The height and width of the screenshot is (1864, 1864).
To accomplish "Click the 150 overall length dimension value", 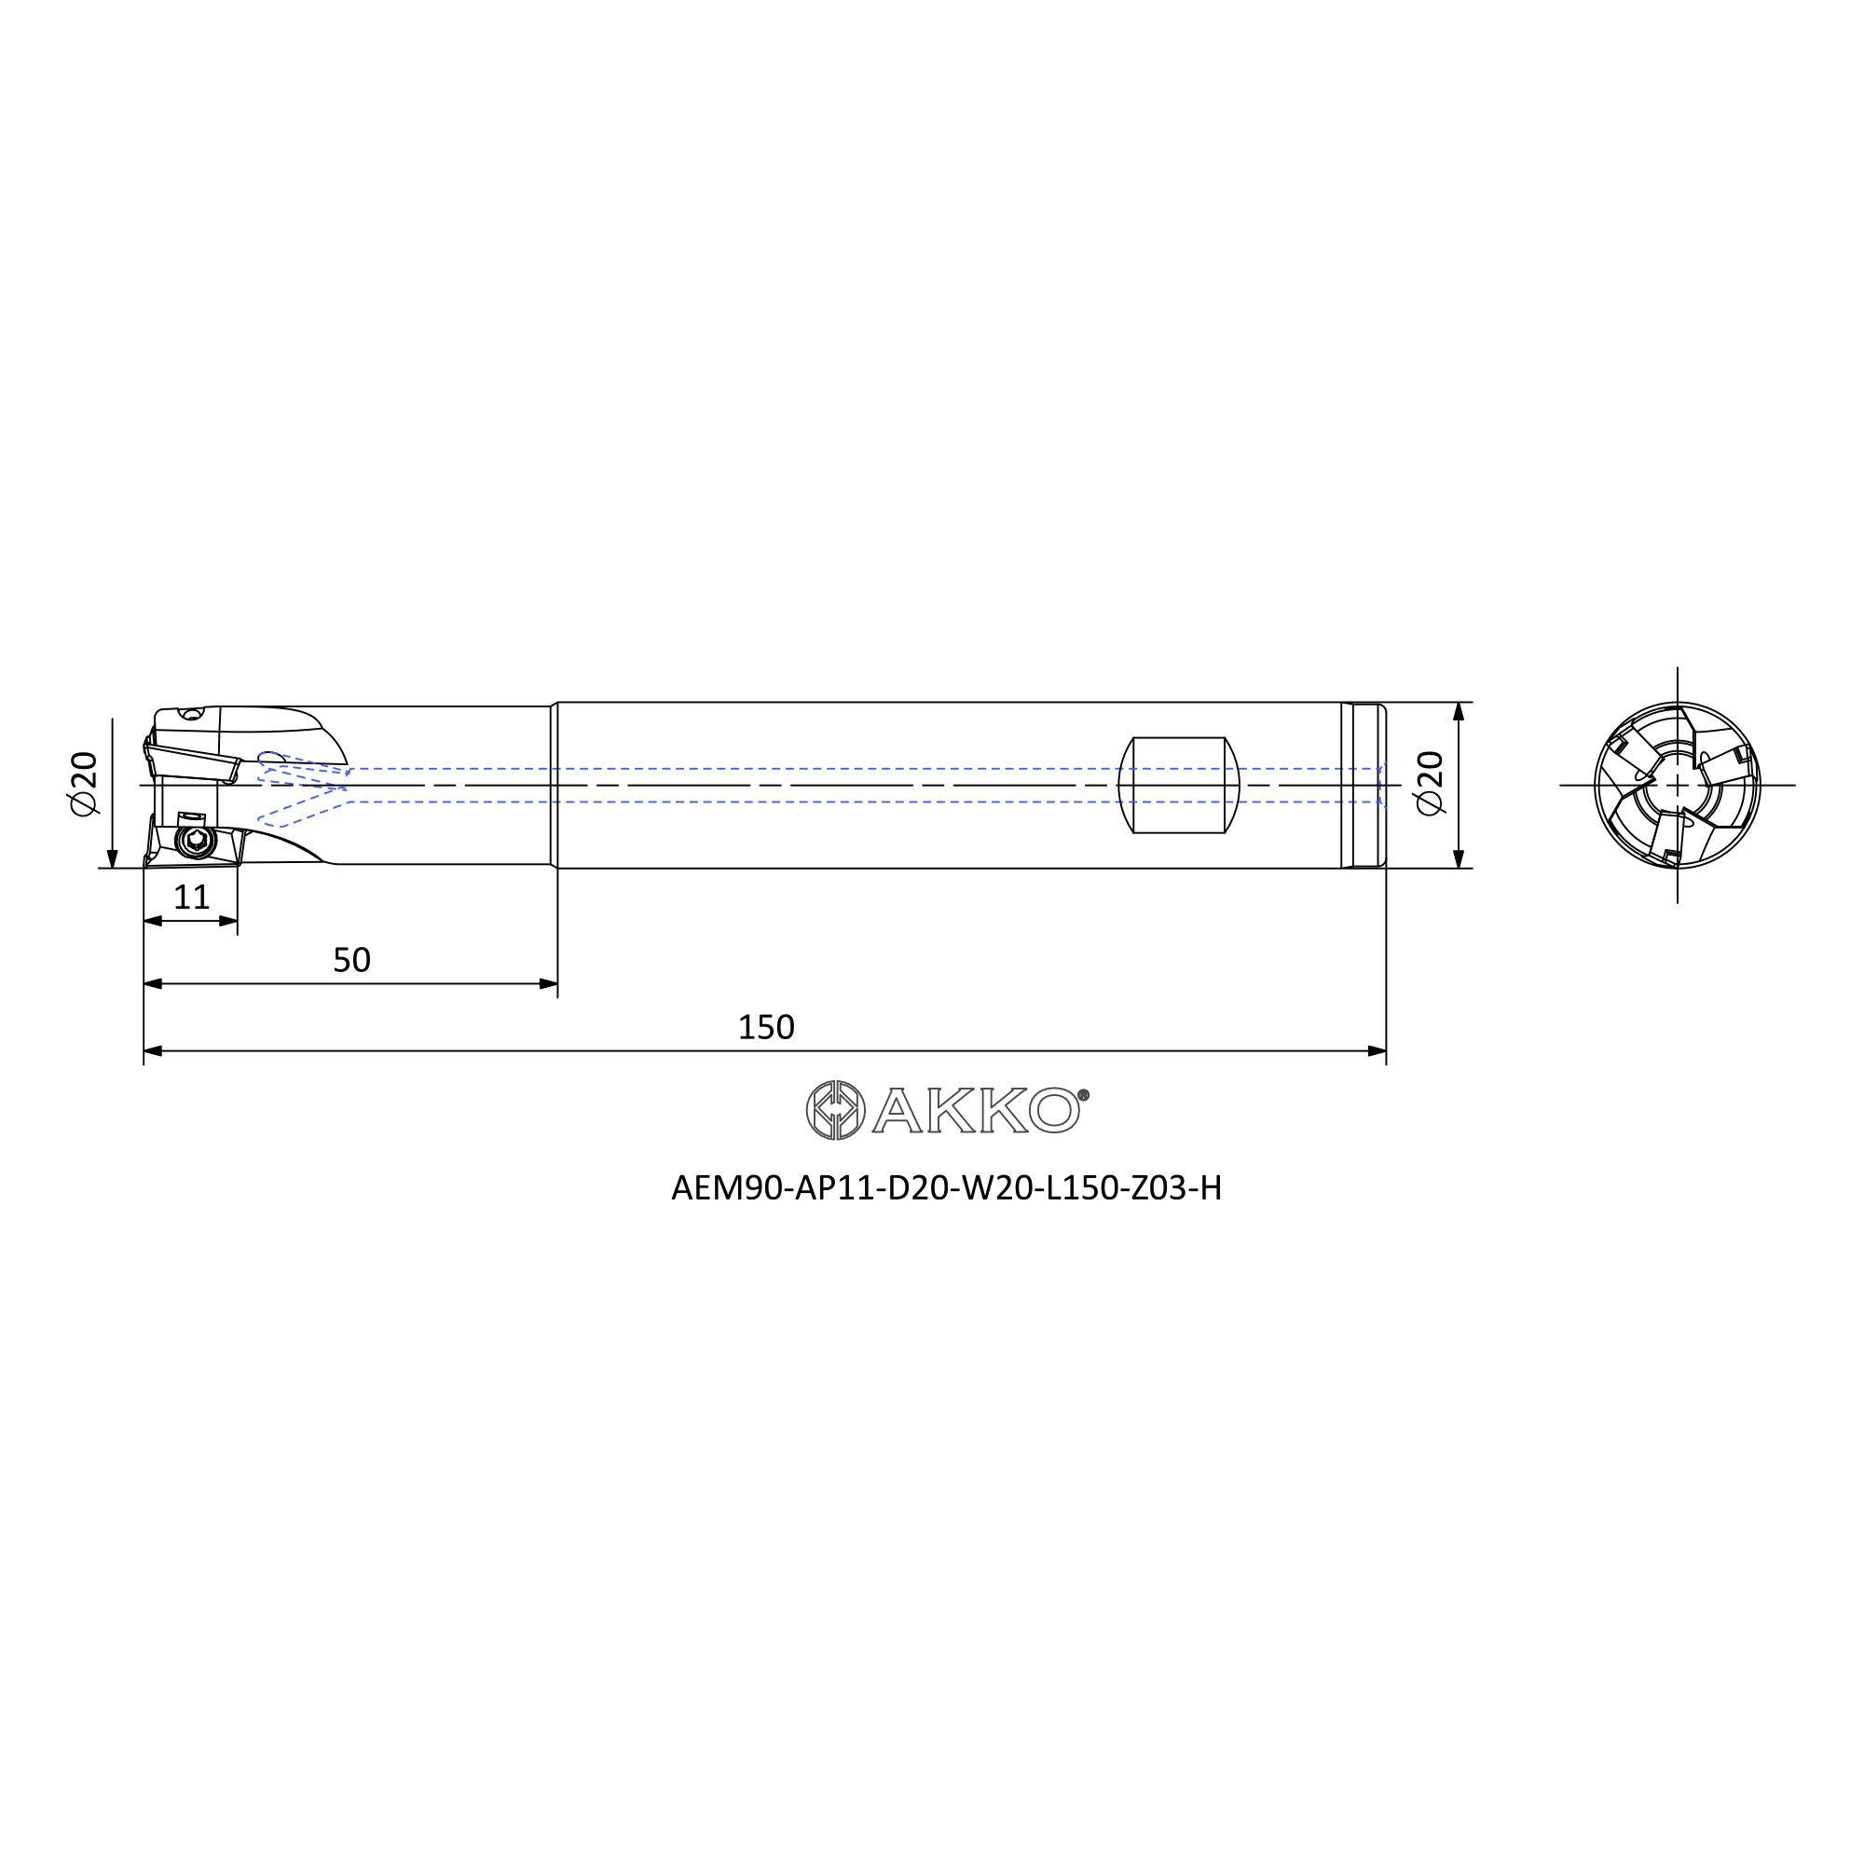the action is (765, 1026).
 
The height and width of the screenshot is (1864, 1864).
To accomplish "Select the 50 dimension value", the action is (351, 959).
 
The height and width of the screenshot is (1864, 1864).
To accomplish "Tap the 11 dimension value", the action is (191, 898).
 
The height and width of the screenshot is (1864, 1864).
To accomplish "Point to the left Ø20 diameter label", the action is (84, 783).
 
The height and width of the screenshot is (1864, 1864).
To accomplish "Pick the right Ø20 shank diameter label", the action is (1430, 783).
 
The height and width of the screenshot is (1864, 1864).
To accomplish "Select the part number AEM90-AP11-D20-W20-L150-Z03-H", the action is (947, 1187).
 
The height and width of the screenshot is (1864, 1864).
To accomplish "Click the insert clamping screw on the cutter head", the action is (197, 842).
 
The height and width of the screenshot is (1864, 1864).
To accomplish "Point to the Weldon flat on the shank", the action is (1178, 785).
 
